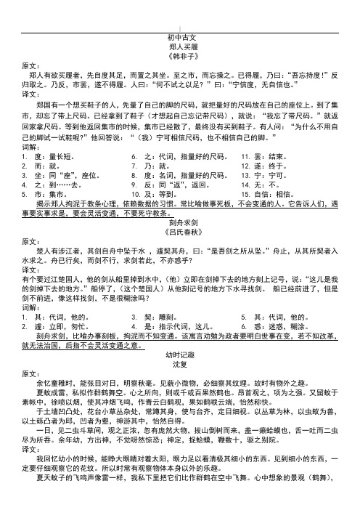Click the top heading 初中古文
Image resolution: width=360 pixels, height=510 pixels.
[x=179, y=36]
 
